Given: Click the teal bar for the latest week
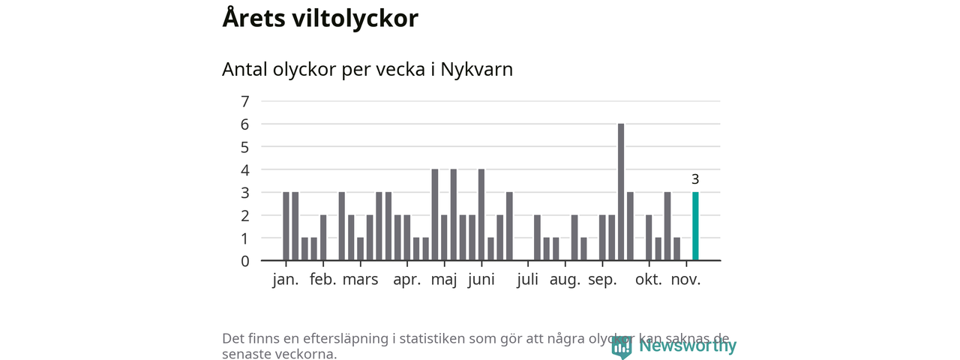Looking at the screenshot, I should (x=695, y=226).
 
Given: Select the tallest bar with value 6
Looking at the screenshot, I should (x=621, y=192).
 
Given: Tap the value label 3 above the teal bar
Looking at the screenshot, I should (x=695, y=179).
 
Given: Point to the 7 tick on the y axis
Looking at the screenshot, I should (x=244, y=101).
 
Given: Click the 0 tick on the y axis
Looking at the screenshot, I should (x=244, y=261).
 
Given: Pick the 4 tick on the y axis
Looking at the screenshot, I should (x=244, y=169).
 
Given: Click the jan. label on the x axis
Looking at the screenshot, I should (x=286, y=280).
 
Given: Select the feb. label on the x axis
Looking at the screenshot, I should (x=322, y=280).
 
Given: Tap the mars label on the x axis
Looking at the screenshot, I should (x=360, y=280).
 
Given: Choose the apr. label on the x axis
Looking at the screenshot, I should (x=407, y=280).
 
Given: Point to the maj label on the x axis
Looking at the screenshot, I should (x=444, y=280).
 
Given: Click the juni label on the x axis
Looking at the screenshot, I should (x=481, y=280).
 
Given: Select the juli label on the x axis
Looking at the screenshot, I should (x=528, y=280).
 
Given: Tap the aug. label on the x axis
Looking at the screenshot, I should (x=565, y=280).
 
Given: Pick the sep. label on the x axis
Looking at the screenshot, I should (x=602, y=280).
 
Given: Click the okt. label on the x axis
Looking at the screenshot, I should (x=649, y=280).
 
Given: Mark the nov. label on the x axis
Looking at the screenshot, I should (x=685, y=280).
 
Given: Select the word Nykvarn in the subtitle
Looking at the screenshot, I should (x=477, y=70).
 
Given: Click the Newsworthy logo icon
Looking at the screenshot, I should (x=621, y=346).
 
